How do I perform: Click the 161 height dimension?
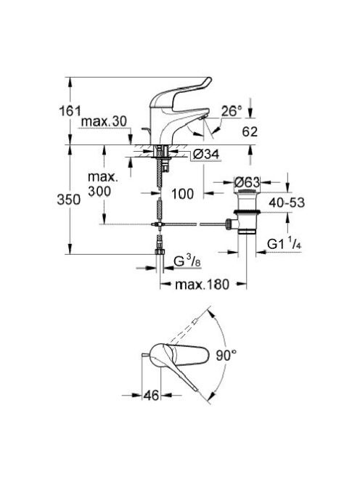(x=70, y=110)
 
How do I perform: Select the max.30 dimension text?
(x=104, y=121)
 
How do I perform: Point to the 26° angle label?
(x=232, y=111)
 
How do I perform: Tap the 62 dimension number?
(x=250, y=131)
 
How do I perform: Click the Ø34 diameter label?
(x=207, y=154)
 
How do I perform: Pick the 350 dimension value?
(x=68, y=200)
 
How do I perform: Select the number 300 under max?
(x=99, y=191)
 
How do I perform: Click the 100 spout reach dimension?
(x=183, y=194)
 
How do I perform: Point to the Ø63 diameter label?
(x=247, y=182)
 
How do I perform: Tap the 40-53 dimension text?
(x=287, y=203)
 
